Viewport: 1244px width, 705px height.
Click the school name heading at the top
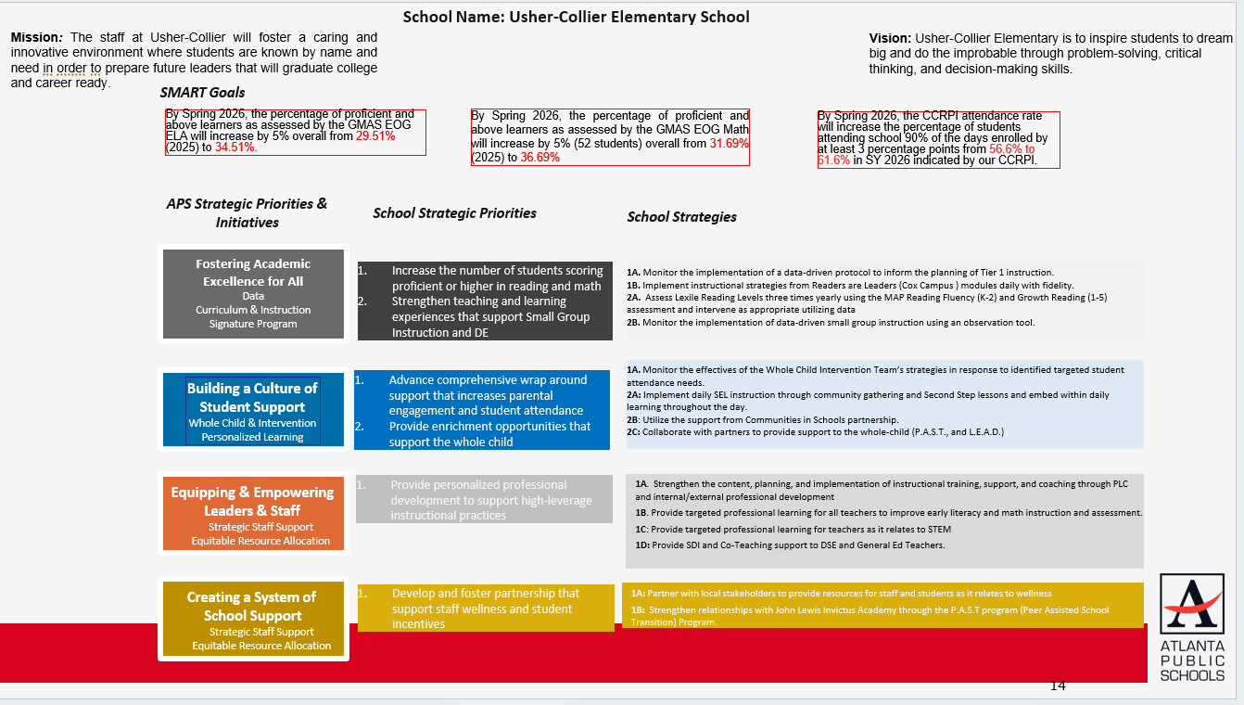576,17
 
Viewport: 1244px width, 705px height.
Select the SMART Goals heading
202,92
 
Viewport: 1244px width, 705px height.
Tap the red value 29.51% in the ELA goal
375,135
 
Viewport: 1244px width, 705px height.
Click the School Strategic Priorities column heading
454,213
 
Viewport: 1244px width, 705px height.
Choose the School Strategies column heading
681,217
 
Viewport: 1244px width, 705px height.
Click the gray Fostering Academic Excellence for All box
253,293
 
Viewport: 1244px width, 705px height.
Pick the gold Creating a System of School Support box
252,620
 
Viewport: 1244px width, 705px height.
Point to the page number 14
1058,686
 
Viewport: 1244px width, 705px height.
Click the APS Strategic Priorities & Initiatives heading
247,212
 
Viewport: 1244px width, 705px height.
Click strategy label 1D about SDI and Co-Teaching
641,545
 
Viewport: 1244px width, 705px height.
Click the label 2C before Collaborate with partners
633,432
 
